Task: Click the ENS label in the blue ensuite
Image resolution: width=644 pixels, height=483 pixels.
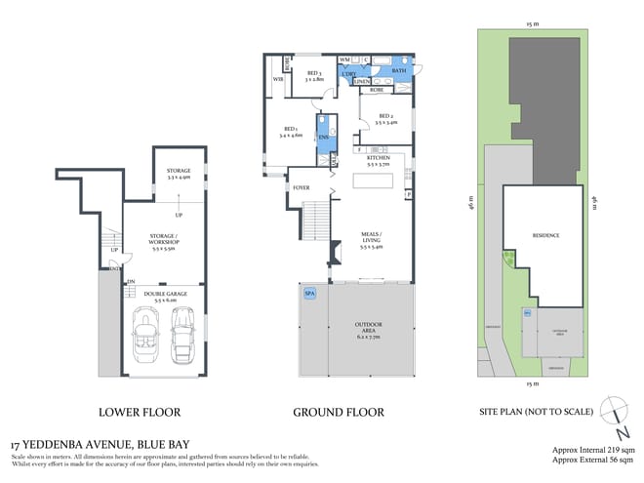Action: pos(323,138)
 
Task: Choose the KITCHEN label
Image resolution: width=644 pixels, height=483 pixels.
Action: pos(378,160)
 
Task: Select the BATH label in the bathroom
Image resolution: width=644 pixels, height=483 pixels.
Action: pos(398,71)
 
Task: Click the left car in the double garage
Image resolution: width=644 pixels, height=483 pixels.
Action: pos(146,335)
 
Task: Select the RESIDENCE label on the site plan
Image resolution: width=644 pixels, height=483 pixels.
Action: pos(545,235)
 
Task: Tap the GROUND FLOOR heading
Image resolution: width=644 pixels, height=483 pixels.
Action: pos(339,412)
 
